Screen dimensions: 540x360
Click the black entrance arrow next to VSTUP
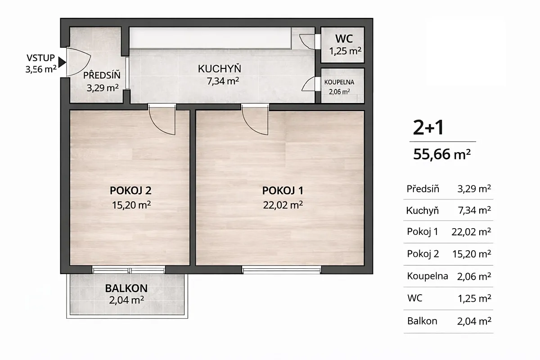62,62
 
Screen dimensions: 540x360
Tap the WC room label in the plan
344,39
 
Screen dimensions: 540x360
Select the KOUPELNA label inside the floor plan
339,82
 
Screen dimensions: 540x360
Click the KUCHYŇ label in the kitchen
220,69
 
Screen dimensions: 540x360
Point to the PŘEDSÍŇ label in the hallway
102,75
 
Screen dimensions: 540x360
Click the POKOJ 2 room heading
130,190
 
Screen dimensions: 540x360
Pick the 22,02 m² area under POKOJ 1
283,205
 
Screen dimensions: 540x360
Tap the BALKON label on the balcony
126,288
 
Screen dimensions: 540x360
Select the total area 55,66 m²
442,154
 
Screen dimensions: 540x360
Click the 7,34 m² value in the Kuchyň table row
474,210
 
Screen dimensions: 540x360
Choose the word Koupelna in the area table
427,276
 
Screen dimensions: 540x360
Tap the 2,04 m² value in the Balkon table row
474,321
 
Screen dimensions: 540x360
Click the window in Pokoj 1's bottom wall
282,270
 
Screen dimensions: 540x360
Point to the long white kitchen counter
210,38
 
